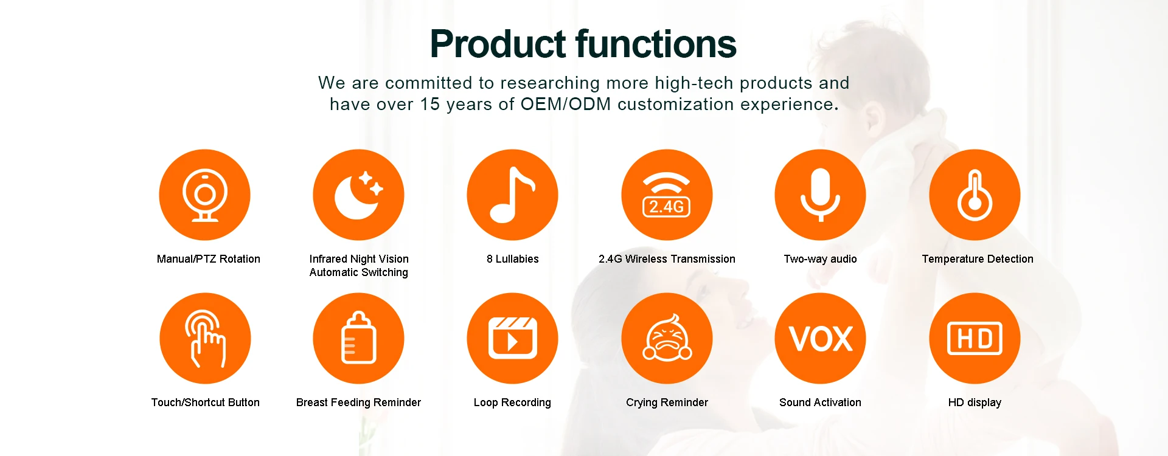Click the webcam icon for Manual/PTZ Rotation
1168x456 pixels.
coord(205,195)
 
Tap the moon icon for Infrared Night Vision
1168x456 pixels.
coord(358,195)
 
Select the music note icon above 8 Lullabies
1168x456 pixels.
coord(512,195)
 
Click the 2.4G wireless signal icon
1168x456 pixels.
coord(667,195)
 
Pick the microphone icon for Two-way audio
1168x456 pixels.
coord(820,195)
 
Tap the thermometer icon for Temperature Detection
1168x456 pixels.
coord(975,195)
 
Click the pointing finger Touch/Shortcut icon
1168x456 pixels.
coord(205,338)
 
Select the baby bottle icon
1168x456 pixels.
coord(358,338)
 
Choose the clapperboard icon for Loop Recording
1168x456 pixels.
coord(512,338)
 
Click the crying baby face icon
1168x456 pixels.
coord(667,338)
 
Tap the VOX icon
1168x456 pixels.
coord(820,338)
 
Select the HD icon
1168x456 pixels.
coord(975,338)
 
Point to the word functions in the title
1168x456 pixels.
coord(656,44)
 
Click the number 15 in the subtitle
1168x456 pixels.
coord(430,105)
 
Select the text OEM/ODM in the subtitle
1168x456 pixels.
coord(566,105)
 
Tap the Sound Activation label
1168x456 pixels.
coord(820,402)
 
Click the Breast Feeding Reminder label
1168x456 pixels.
coord(358,402)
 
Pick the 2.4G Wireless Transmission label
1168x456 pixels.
coord(667,259)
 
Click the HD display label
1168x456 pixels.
coord(975,402)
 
